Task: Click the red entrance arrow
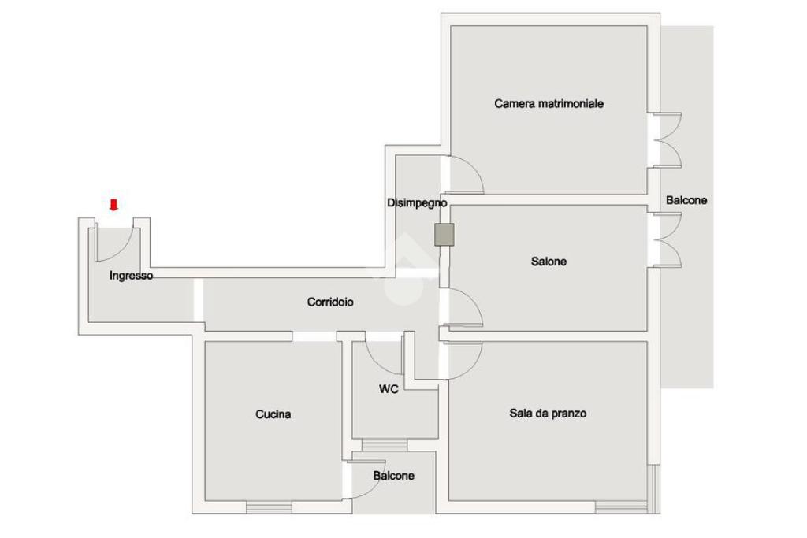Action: pyautogui.click(x=113, y=206)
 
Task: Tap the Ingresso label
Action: pyautogui.click(x=131, y=276)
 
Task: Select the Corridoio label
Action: pyautogui.click(x=330, y=302)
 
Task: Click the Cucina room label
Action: pyautogui.click(x=273, y=414)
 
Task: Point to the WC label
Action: pyautogui.click(x=389, y=389)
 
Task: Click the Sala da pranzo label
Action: pyautogui.click(x=548, y=414)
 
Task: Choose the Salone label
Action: pyautogui.click(x=549, y=262)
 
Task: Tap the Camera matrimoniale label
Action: pyautogui.click(x=549, y=103)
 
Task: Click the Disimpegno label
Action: pyautogui.click(x=417, y=203)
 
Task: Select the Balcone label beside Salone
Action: pyautogui.click(x=686, y=200)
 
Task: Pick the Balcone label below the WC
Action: pyautogui.click(x=394, y=476)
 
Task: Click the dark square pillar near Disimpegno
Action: pyautogui.click(x=445, y=235)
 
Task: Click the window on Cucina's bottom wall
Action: pyautogui.click(x=270, y=506)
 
